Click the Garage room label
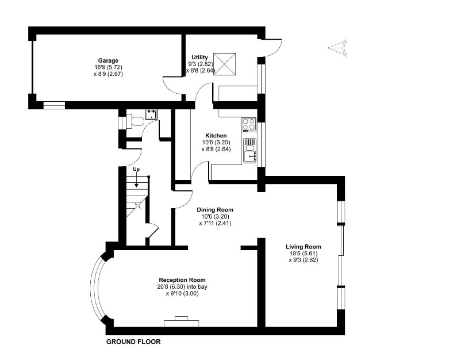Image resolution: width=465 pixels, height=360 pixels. pyautogui.click(x=108, y=61)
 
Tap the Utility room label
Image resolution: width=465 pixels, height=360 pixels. pyautogui.click(x=199, y=58)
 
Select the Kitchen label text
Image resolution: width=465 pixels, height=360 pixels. pyautogui.click(x=216, y=136)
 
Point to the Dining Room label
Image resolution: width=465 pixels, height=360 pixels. pyautogui.click(x=215, y=210)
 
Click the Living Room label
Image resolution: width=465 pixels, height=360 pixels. pyautogui.click(x=303, y=247)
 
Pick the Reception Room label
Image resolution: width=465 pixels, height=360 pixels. pyautogui.click(x=182, y=280)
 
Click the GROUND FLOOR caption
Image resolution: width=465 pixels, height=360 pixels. pyautogui.click(x=133, y=342)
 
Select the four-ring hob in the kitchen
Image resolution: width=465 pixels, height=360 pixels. pyautogui.click(x=249, y=124)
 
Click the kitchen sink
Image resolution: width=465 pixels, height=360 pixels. pyautogui.click(x=250, y=151)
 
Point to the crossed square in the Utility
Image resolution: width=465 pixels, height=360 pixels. pyautogui.click(x=225, y=64)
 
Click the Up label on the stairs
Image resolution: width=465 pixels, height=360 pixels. pyautogui.click(x=136, y=169)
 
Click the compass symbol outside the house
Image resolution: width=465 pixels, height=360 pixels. pyautogui.click(x=338, y=48)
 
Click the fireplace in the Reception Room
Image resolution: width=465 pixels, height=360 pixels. pyautogui.click(x=181, y=321)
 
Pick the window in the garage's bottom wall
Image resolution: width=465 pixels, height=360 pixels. pyautogui.click(x=54, y=105)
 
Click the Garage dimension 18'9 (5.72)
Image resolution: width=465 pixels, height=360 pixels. pyautogui.click(x=108, y=67)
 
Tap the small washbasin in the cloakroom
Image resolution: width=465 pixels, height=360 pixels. pyautogui.click(x=152, y=114)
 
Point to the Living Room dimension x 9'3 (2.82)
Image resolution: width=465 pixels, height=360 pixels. pyautogui.click(x=303, y=260)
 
